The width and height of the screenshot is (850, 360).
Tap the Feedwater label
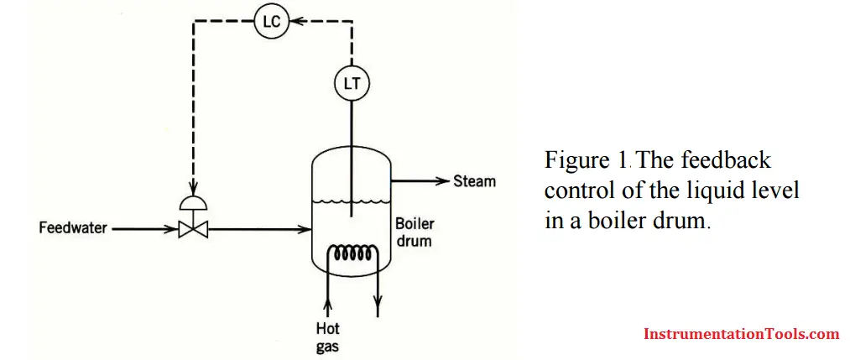pyautogui.click(x=73, y=229)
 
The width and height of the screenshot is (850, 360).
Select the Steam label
pyautogui.click(x=474, y=181)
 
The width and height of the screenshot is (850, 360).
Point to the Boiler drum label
pyautogui.click(x=415, y=232)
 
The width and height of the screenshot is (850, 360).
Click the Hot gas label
pyautogui.click(x=328, y=337)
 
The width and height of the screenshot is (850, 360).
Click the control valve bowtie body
pyautogui.click(x=193, y=230)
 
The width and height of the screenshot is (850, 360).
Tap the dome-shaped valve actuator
pyautogui.click(x=193, y=203)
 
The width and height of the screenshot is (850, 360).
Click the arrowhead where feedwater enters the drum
pyautogui.click(x=304, y=230)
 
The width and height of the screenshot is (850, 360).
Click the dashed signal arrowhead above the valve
pyautogui.click(x=193, y=187)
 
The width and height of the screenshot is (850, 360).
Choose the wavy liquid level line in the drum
pyautogui.click(x=351, y=202)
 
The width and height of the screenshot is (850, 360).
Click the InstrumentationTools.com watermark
pyautogui.click(x=741, y=334)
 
